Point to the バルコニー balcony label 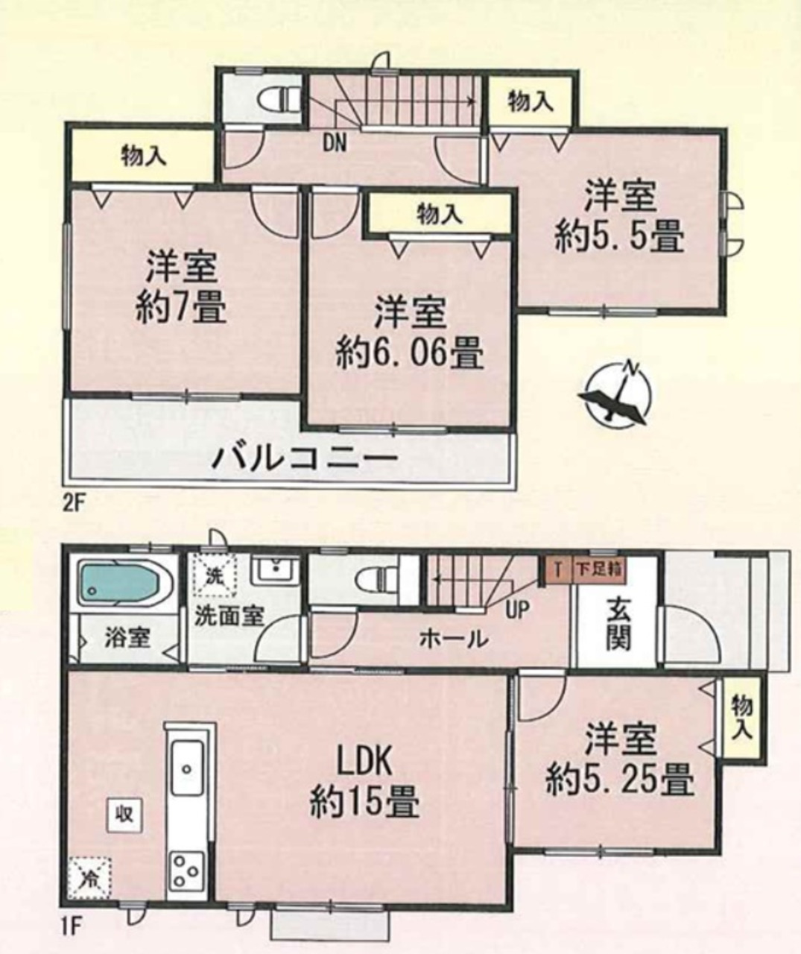pyautogui.click(x=304, y=458)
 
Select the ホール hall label pyautogui.click(x=454, y=639)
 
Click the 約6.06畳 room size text pyautogui.click(x=409, y=353)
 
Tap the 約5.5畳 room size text pyautogui.click(x=620, y=237)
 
